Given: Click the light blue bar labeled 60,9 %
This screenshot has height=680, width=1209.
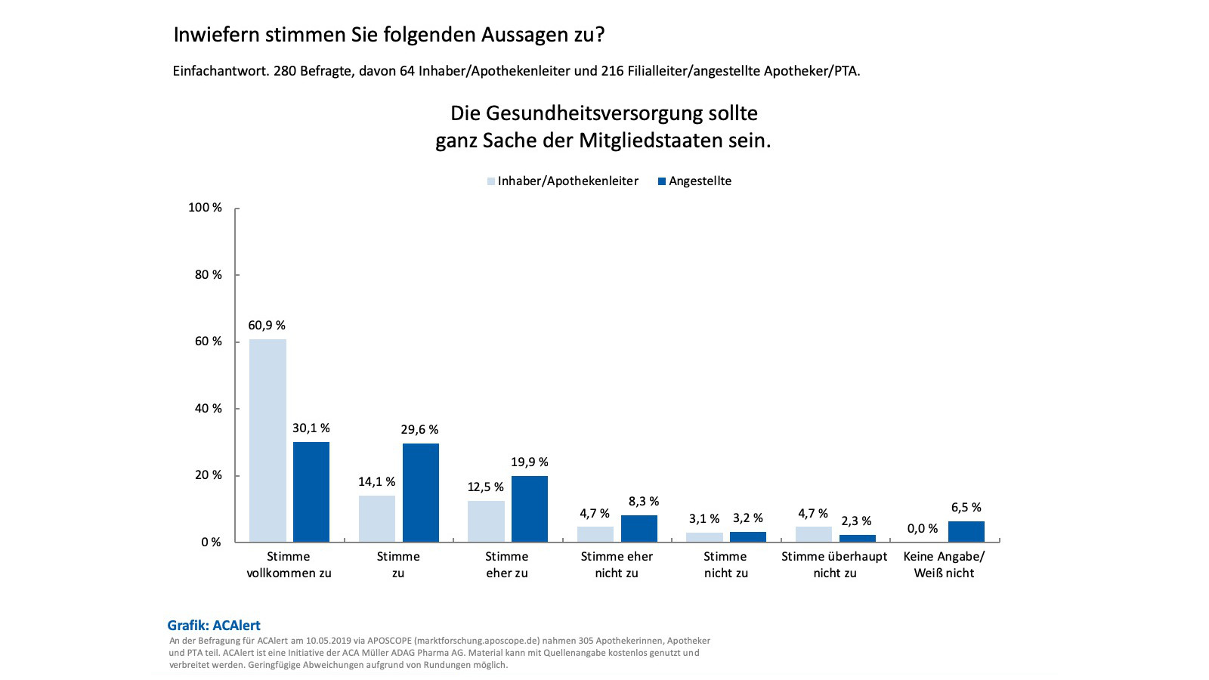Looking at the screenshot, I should click(267, 440).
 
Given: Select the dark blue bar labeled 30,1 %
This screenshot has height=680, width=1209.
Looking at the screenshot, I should click(311, 492).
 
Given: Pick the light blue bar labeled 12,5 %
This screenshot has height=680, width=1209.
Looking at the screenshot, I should click(486, 521).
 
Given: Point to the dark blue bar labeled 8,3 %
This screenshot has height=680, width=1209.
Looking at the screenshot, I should click(639, 529).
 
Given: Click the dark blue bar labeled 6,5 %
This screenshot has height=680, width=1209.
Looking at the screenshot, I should click(966, 532).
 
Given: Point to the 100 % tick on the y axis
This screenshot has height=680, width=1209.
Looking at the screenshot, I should click(205, 208).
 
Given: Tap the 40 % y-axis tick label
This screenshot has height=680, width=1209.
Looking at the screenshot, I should click(208, 409).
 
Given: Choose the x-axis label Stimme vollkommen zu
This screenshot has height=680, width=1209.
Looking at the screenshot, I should click(289, 564).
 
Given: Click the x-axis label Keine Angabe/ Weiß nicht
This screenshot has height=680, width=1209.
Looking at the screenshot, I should click(944, 564).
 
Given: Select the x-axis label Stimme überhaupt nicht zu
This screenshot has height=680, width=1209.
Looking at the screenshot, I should click(834, 564).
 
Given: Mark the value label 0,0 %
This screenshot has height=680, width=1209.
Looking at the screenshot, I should click(923, 529).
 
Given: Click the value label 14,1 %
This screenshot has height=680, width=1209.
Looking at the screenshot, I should click(376, 482).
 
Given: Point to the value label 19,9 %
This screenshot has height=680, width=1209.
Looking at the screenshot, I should click(529, 462).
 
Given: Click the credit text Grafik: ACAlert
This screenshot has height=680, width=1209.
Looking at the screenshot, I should click(214, 626).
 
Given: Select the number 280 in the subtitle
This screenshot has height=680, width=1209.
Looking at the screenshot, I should click(285, 72).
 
